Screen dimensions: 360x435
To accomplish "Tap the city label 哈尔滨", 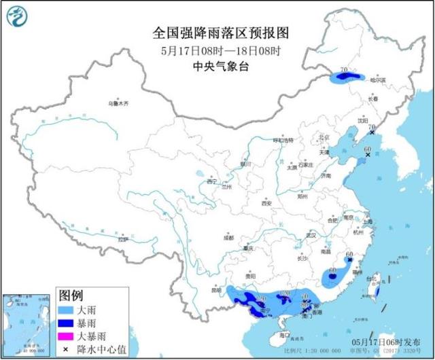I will point(378,80).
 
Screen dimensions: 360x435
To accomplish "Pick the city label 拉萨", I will point(122,239).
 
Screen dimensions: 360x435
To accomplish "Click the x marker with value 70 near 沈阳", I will point(371,134).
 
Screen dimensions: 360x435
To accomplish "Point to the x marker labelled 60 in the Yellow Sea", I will point(368,156).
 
